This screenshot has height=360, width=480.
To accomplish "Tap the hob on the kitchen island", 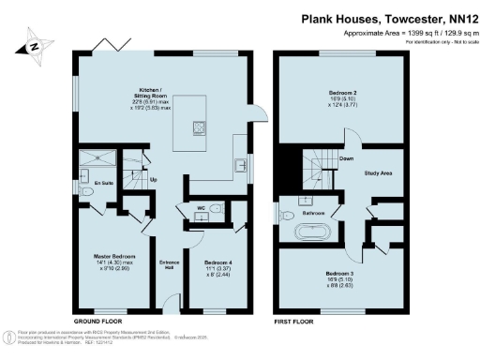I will (x=200, y=127).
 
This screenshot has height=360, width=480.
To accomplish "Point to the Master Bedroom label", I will (x=113, y=258).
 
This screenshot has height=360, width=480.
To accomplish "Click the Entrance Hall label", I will (x=170, y=263).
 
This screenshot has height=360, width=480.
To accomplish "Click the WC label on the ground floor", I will (x=200, y=207).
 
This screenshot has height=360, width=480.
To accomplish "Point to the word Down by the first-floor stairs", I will (x=345, y=160).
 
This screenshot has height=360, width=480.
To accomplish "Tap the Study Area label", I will (x=378, y=172).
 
